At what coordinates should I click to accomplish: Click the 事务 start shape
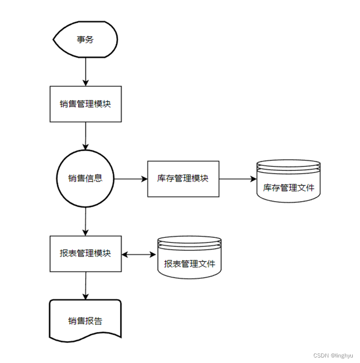85,39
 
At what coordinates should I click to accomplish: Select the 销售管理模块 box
85,104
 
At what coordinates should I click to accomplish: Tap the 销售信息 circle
85,179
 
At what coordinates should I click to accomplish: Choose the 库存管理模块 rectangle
183,179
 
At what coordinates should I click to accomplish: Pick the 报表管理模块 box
85,253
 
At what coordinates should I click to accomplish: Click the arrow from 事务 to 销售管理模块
85,72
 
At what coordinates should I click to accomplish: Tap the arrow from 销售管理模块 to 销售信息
85,136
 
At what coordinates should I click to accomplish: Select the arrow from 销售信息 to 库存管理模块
130,179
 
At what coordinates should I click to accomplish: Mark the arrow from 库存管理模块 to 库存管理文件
238,179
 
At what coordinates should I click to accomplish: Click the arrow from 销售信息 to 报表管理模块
85,221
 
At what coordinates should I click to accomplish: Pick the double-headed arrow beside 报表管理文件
139,254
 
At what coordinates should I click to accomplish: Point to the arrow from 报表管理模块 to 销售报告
85,286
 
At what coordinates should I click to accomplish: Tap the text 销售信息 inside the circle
85,179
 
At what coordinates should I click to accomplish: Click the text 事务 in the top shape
85,39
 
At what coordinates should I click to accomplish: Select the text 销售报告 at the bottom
85,321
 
